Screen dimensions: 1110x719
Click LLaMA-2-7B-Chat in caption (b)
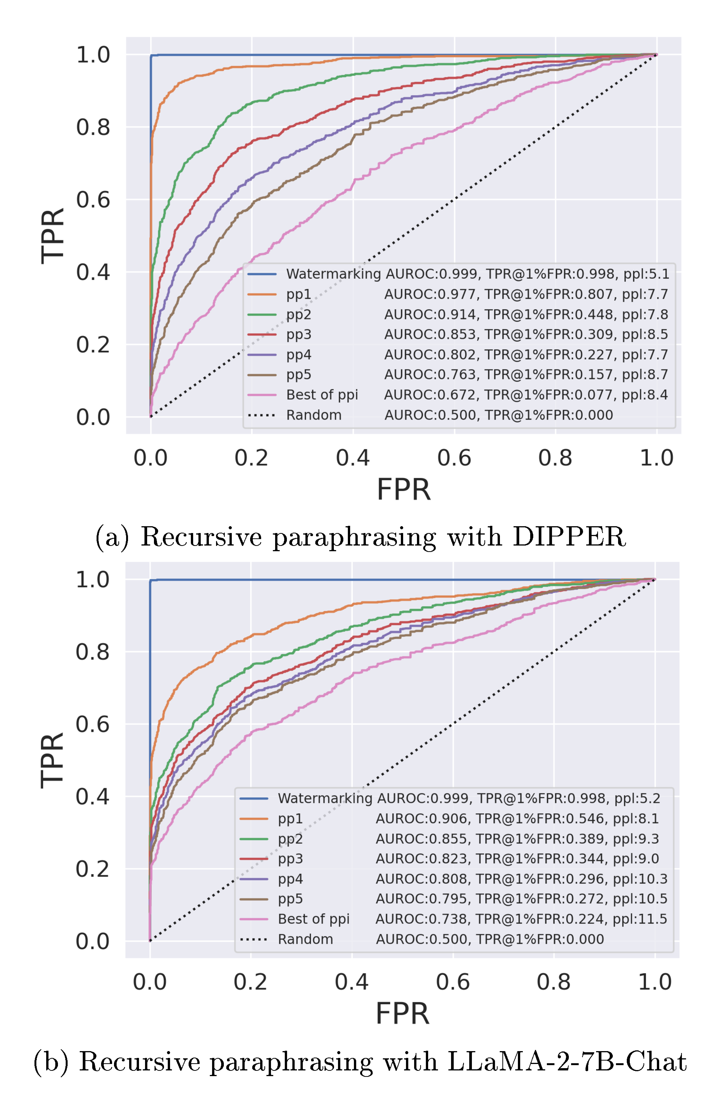pyautogui.click(x=567, y=1062)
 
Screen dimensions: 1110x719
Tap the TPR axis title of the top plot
pyautogui.click(x=52, y=236)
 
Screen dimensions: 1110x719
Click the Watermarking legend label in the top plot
pyautogui.click(x=333, y=274)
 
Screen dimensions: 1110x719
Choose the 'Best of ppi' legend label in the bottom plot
pyautogui.click(x=313, y=919)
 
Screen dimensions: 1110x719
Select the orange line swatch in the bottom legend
pyautogui.click(x=254, y=819)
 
